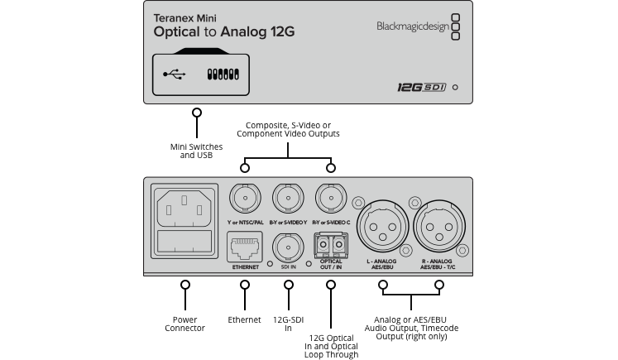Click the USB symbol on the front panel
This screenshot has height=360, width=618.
point(175,74)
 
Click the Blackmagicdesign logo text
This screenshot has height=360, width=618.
point(405,26)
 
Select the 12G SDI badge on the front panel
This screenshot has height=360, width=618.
point(419,86)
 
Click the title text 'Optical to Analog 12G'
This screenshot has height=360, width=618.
point(223,32)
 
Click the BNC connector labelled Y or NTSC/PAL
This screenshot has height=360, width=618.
point(244,199)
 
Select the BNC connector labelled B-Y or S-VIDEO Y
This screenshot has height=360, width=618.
point(287,199)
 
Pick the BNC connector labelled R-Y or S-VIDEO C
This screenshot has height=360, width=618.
point(331,199)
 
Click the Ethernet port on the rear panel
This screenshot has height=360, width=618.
point(244,246)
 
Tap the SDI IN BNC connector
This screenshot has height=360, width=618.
point(288,246)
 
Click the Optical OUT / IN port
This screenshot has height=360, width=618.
point(331,246)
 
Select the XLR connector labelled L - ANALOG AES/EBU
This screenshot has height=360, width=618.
point(382,226)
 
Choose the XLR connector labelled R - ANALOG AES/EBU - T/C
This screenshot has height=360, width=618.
point(438,226)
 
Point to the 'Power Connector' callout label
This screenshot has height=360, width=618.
point(185,323)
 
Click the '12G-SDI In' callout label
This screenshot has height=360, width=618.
point(288,323)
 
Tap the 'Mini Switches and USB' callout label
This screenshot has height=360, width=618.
point(196,151)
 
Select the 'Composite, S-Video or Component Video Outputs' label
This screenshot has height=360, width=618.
point(287,128)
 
